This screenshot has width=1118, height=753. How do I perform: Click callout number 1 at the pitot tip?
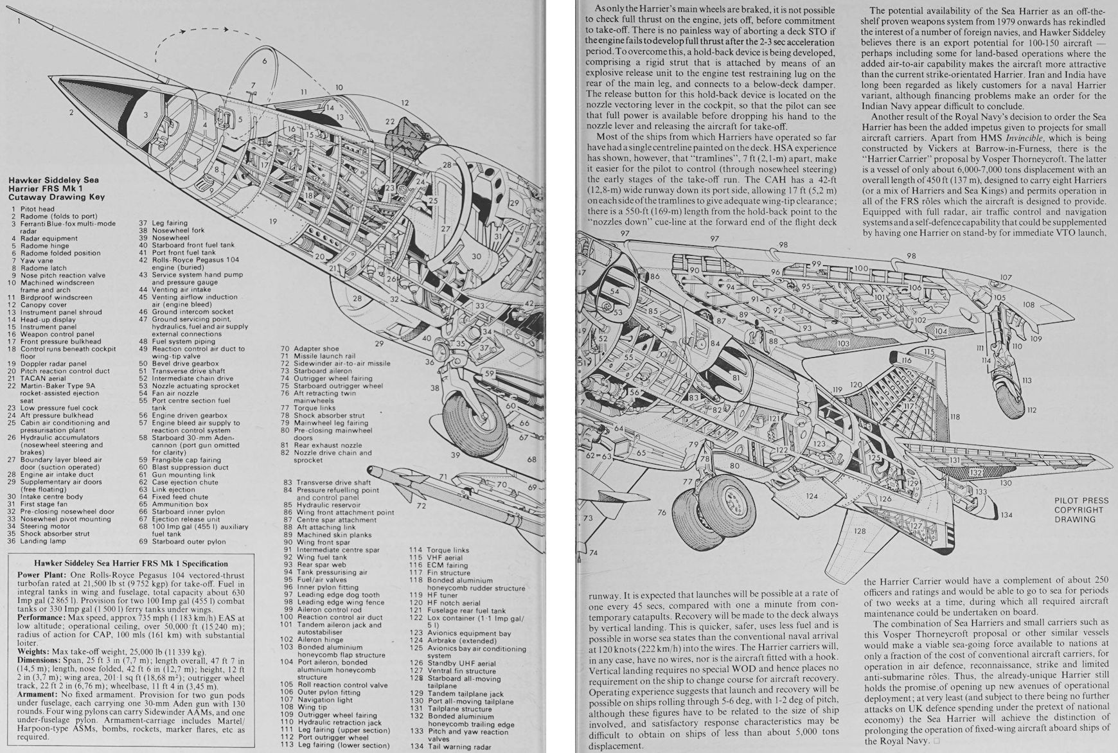(x=19, y=21)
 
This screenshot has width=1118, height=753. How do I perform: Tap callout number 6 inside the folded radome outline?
(x=263, y=61)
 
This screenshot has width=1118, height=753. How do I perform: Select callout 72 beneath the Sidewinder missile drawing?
(x=421, y=506)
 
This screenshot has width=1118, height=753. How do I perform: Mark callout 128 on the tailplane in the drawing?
(x=860, y=531)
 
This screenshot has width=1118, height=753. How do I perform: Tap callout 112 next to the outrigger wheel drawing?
(x=1031, y=410)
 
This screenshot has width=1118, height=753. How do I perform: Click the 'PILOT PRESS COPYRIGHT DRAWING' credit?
(x=1081, y=509)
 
